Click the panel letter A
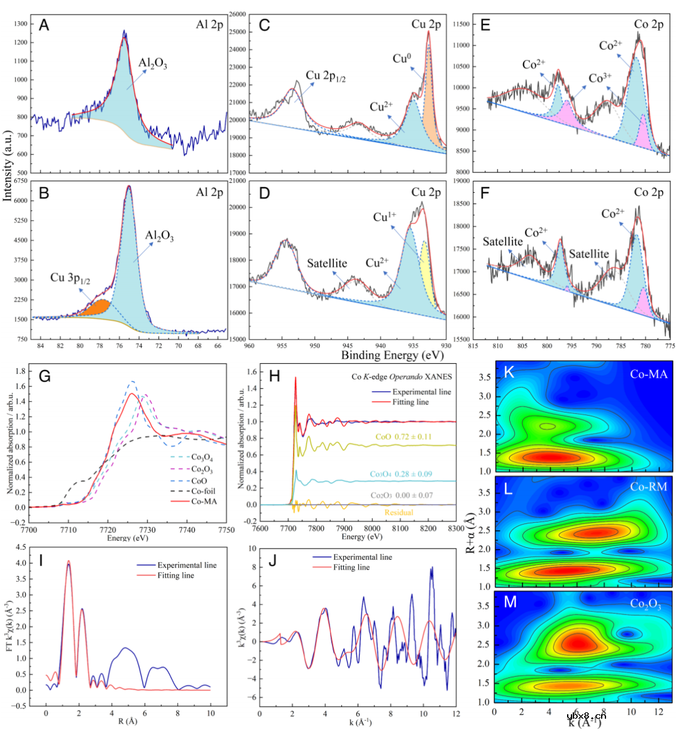[x=44, y=25]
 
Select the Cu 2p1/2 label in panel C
[x=326, y=77]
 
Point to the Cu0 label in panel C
[x=402, y=58]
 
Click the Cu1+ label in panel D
[x=384, y=217]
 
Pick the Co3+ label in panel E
[x=600, y=78]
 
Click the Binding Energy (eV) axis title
[x=392, y=355]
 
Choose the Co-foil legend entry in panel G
[x=202, y=491]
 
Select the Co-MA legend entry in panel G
[x=203, y=501]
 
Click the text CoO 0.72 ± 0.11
[x=403, y=437]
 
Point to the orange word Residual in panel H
[x=399, y=513]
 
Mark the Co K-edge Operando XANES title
[x=401, y=376]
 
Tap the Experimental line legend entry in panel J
[x=362, y=557]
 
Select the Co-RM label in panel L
[x=648, y=487]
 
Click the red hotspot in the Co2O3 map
[x=577, y=642]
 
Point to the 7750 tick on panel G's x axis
[x=226, y=530]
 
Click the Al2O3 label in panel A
[x=153, y=63]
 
